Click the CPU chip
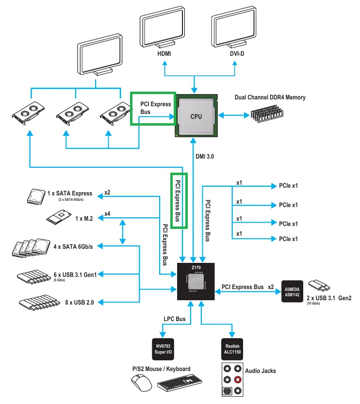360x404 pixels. point(196,116)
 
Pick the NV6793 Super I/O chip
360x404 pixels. point(164,349)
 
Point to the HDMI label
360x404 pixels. point(164,53)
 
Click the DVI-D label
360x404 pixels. point(237,53)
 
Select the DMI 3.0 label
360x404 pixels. point(205,157)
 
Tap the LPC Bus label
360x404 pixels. point(174,319)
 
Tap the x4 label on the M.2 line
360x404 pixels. point(107,213)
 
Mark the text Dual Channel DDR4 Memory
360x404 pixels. point(270,97)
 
